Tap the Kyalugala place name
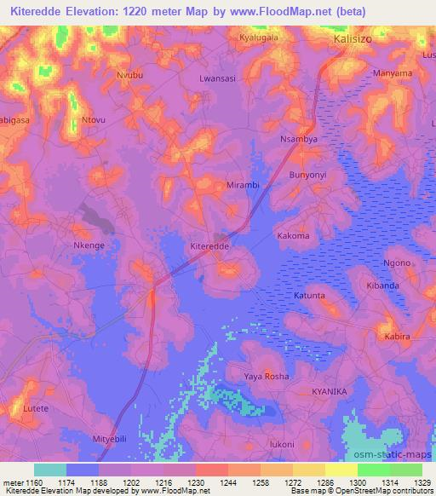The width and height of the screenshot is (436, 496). [259, 39]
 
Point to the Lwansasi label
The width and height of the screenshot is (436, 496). [216, 77]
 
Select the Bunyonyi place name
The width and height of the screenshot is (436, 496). [308, 174]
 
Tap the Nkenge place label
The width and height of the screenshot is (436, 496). [89, 245]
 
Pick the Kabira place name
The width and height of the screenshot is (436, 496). [397, 337]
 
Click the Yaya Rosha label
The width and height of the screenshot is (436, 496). [267, 376]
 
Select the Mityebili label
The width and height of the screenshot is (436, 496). [109, 439]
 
